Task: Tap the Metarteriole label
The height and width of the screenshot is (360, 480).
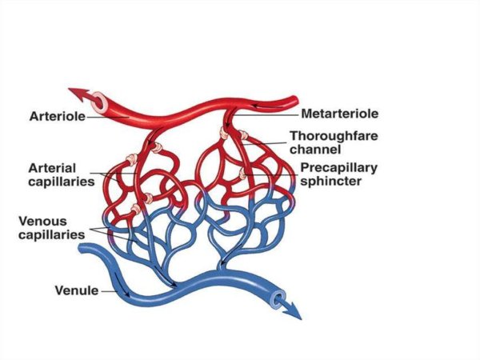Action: click(340, 114)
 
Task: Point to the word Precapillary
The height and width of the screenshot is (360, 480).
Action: click(338, 168)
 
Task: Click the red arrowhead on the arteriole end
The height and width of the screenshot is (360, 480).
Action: click(74, 93)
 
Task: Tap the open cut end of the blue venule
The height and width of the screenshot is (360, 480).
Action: click(277, 299)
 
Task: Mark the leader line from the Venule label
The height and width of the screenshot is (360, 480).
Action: click(110, 290)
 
